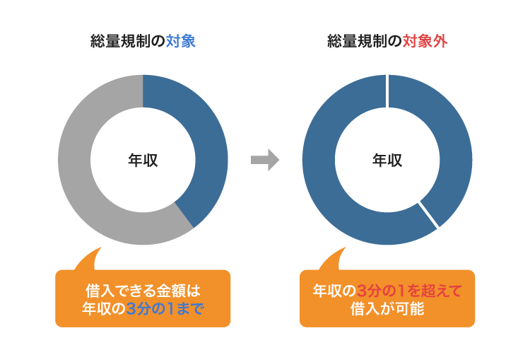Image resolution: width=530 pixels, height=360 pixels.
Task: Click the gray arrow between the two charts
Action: [265, 160]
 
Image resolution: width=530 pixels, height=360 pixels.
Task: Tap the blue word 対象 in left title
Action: [181, 42]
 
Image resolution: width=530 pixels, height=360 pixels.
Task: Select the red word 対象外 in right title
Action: [425, 42]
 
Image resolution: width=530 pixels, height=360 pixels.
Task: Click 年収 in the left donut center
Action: [143, 160]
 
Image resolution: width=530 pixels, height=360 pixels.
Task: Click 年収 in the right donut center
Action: [387, 160]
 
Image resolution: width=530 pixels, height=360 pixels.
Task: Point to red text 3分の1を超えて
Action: [408, 290]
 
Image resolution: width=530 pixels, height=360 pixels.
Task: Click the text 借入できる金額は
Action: [143, 290]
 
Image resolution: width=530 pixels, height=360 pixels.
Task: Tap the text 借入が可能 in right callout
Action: [387, 308]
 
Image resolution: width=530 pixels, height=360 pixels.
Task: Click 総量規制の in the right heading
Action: [365, 42]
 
